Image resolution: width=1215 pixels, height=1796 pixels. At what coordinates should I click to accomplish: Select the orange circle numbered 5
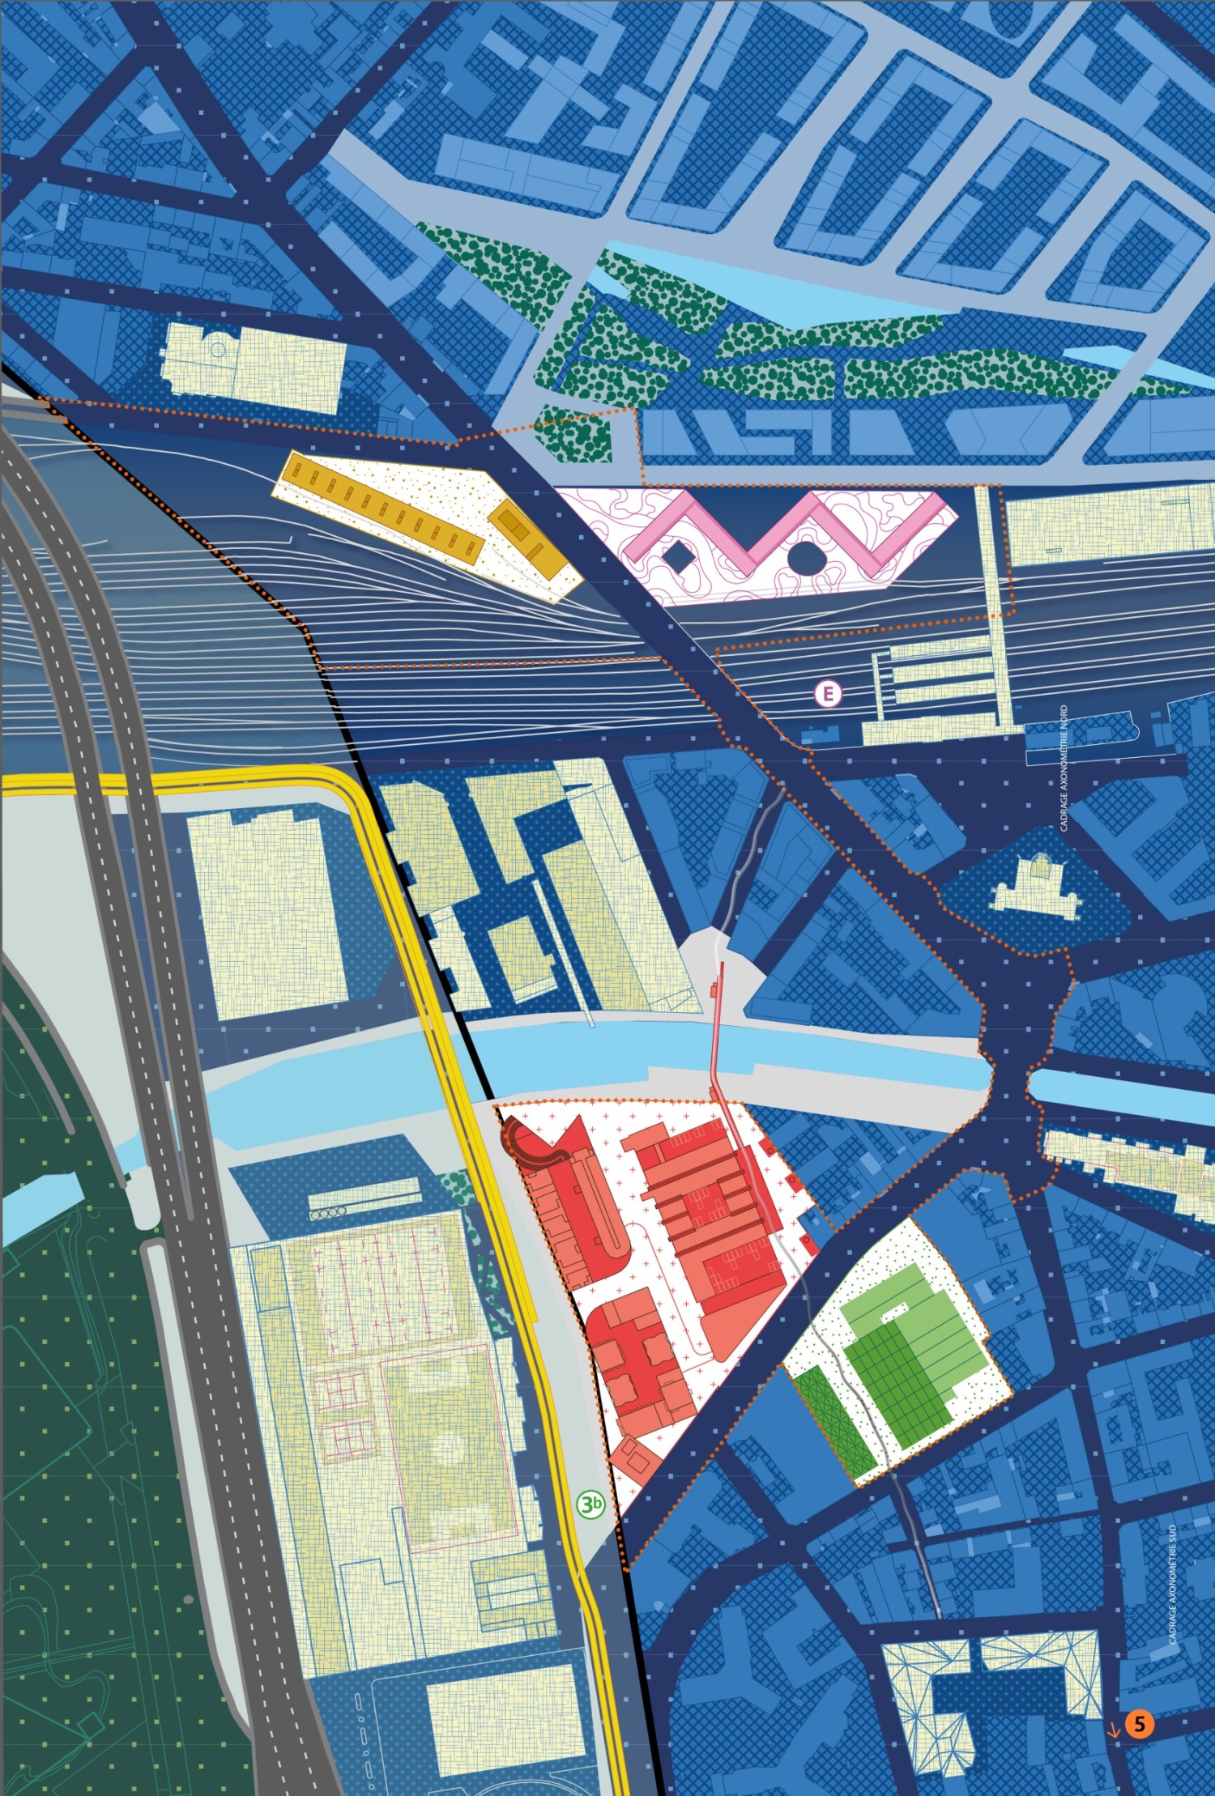tap(1139, 1724)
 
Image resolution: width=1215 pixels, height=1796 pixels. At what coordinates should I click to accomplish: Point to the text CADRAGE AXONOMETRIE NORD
tap(1064, 768)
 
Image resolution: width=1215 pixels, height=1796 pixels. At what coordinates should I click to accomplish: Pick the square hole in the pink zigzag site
tap(675, 557)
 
